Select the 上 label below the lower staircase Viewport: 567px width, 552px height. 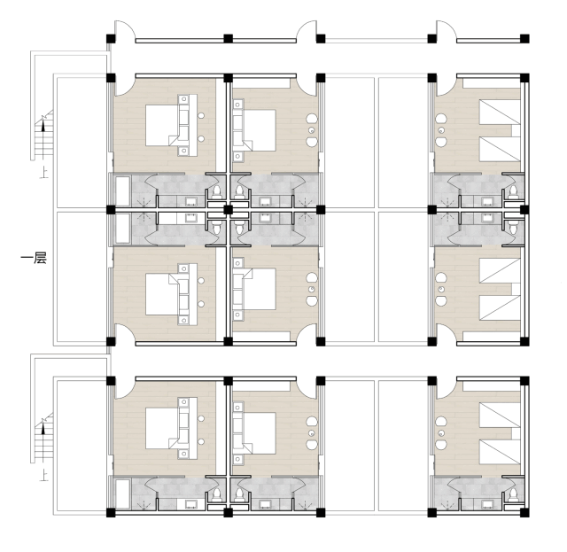(43, 476)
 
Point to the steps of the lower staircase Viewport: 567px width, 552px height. (41, 439)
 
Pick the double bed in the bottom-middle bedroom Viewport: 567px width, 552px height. (259, 429)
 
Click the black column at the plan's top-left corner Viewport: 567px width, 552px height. (111, 39)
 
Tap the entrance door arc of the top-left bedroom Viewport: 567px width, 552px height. (122, 89)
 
